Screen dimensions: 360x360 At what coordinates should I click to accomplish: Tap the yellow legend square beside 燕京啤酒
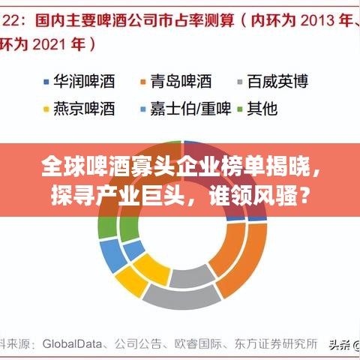point(46,109)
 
